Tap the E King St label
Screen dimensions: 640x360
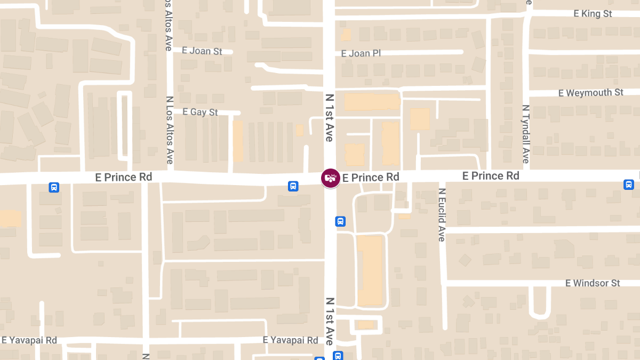(x=593, y=14)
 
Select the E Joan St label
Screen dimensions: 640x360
(x=202, y=51)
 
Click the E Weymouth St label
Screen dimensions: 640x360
(x=590, y=93)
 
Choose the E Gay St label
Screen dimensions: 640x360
(x=200, y=112)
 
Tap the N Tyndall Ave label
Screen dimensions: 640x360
(x=525, y=134)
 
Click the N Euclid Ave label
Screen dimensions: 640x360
(x=442, y=214)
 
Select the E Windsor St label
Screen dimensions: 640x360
(x=593, y=283)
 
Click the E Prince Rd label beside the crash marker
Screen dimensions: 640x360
(x=371, y=177)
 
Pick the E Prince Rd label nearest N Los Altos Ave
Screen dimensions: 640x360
(x=123, y=177)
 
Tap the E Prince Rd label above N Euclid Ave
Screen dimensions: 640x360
(x=491, y=176)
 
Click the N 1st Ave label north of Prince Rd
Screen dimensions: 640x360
(x=329, y=118)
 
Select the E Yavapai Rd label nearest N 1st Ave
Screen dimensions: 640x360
(x=291, y=340)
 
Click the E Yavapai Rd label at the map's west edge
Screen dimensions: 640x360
(x=29, y=340)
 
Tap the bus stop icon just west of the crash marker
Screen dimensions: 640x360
(x=293, y=186)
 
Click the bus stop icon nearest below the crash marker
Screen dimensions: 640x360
(x=340, y=221)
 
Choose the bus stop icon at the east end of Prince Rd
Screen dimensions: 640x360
(x=629, y=185)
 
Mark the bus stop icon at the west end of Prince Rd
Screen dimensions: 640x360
(x=54, y=187)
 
